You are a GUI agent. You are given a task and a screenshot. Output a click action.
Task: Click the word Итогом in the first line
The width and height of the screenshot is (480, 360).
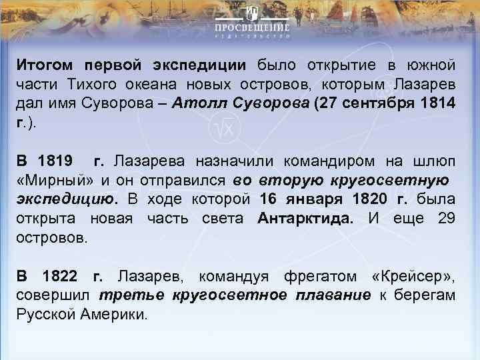pos(45,65)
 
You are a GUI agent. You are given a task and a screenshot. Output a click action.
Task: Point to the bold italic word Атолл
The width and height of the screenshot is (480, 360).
pos(197,104)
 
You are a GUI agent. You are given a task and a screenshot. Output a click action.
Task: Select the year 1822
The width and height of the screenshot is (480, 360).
pos(65,275)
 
